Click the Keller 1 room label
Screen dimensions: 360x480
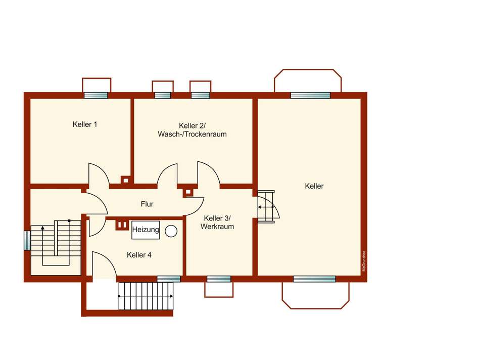pos(85,124)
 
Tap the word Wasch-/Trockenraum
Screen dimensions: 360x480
pos(192,134)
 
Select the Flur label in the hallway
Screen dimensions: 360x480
pos(147,204)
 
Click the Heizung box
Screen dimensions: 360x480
pos(146,230)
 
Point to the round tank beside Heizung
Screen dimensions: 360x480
pos(172,231)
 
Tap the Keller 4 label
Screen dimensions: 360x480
pos(139,255)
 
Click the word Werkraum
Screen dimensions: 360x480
pos(217,227)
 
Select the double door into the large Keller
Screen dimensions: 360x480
pos(266,207)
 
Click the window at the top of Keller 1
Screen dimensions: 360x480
pos(96,95)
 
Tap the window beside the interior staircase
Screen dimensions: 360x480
pos(27,240)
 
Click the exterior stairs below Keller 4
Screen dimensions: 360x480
pos(146,296)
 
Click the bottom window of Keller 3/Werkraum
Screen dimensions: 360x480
pos(219,279)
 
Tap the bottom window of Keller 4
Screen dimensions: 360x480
pos(169,279)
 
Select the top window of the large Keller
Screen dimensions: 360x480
pos(310,95)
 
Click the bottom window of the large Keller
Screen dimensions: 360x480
pos(314,279)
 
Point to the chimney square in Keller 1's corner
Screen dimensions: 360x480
pos(125,179)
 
